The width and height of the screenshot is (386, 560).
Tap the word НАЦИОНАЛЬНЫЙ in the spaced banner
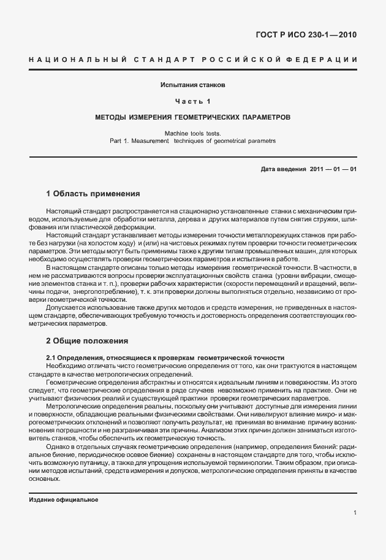[x=77, y=59]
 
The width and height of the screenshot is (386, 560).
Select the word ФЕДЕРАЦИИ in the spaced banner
[x=325, y=59]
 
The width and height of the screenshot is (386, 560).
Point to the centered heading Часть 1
[x=193, y=101]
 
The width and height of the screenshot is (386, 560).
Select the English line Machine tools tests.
[x=193, y=133]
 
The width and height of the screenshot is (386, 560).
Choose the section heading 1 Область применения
[x=93, y=193]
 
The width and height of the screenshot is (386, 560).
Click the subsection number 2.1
[x=51, y=357]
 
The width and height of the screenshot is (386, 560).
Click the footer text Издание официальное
[x=64, y=500]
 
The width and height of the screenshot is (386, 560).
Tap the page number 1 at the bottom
[x=355, y=512]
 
